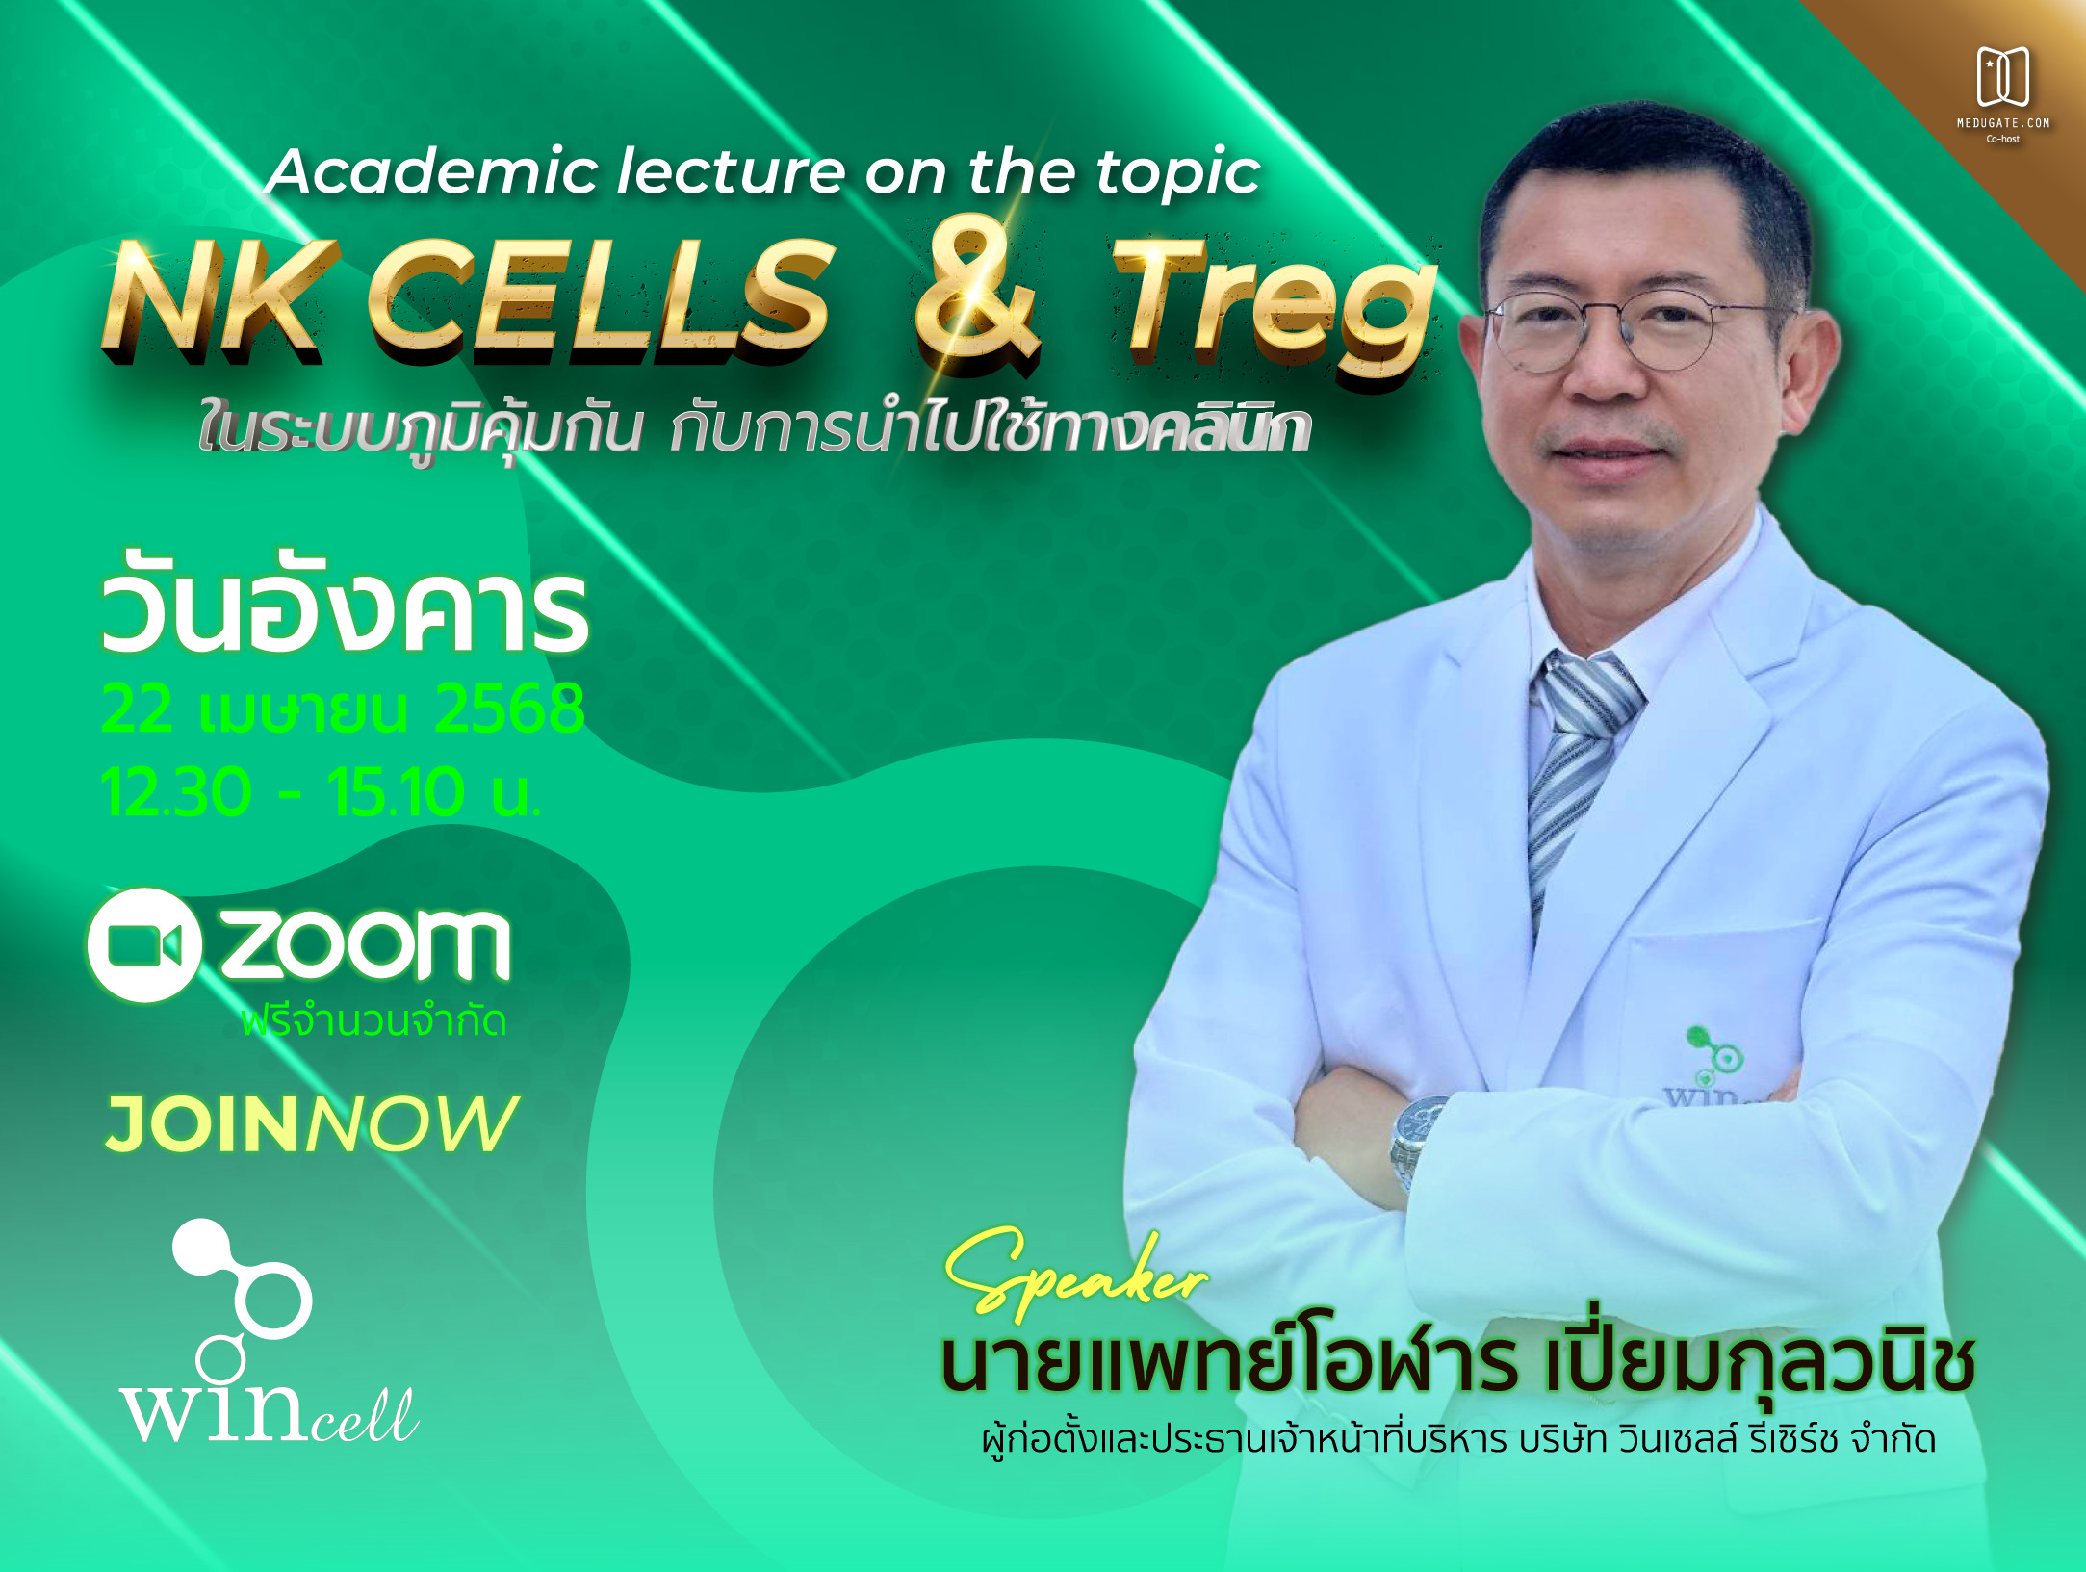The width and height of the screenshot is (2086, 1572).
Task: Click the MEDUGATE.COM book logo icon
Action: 2003,76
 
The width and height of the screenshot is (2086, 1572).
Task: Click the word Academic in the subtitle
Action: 432,172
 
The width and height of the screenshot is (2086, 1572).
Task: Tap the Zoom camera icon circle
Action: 144,944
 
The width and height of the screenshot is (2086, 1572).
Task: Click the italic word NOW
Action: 413,1123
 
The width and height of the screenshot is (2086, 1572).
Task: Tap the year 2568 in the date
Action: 509,709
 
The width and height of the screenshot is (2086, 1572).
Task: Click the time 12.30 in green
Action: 175,792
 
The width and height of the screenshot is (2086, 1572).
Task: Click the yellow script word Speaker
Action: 1075,1274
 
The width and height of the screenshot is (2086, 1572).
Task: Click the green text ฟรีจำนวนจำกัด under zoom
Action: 373,1020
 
